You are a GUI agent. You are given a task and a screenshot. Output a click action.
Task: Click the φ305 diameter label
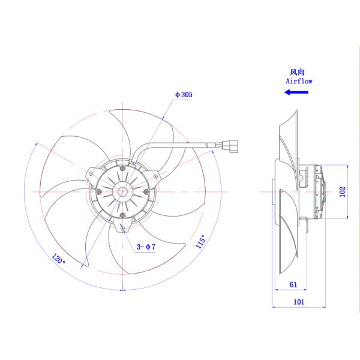(x=184, y=95)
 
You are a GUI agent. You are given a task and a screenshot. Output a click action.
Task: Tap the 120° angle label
(x=58, y=260)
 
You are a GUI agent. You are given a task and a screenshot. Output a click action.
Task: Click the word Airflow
(x=298, y=80)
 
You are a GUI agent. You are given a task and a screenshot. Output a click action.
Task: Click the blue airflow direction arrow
(x=296, y=92)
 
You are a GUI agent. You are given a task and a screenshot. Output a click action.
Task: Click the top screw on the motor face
(x=123, y=168)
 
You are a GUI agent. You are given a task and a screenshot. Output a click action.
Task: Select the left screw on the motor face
(x=99, y=191)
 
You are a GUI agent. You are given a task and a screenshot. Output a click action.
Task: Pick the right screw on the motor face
(x=147, y=191)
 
